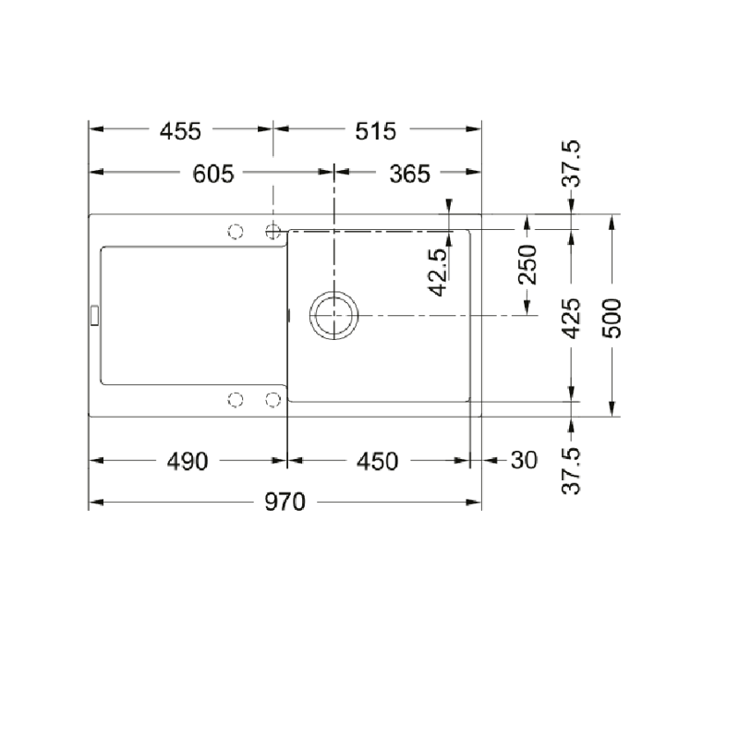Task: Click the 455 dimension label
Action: click(x=180, y=131)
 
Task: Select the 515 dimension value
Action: click(x=376, y=131)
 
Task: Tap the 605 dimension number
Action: click(x=213, y=174)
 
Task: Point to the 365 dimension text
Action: click(x=409, y=174)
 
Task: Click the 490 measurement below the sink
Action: click(x=188, y=461)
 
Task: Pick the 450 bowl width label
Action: click(x=377, y=461)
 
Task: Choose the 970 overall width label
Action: click(x=285, y=502)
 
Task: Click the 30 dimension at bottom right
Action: click(x=524, y=460)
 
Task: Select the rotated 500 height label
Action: click(x=612, y=318)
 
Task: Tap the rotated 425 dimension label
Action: click(x=571, y=318)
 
